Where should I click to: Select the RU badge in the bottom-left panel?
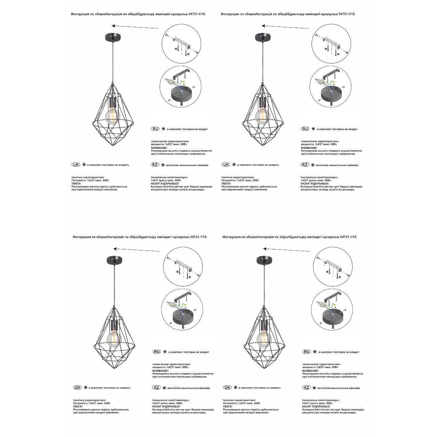157,352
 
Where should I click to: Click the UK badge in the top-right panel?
226,165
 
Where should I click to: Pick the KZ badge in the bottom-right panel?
306,388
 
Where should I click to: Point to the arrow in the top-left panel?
134,27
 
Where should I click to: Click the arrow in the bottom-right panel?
286,250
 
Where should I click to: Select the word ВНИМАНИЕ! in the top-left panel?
159,148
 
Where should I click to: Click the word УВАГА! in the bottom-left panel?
78,406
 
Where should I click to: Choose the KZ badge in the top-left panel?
155,165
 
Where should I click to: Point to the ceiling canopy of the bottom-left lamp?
114,260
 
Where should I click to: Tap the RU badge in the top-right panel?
305,129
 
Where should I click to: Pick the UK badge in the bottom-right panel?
228,387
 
